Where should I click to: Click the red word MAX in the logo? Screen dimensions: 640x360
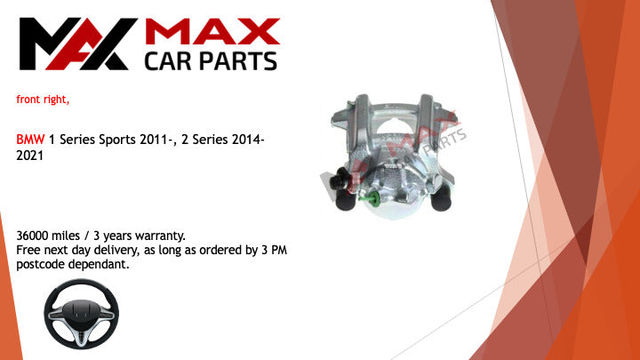point(212,31)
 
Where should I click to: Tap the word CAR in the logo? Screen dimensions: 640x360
point(167,61)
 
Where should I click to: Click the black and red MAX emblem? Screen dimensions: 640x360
point(78,44)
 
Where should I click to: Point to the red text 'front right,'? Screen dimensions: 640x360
point(43,100)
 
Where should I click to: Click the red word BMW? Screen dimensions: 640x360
point(30,140)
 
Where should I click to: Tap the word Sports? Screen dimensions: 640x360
point(117,140)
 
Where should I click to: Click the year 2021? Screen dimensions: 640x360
point(30,156)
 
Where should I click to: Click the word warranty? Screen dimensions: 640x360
point(160,236)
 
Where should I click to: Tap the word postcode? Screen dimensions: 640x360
point(40,265)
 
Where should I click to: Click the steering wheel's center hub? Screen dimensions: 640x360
point(81,312)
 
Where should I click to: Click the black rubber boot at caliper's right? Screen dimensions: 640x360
point(441,199)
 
